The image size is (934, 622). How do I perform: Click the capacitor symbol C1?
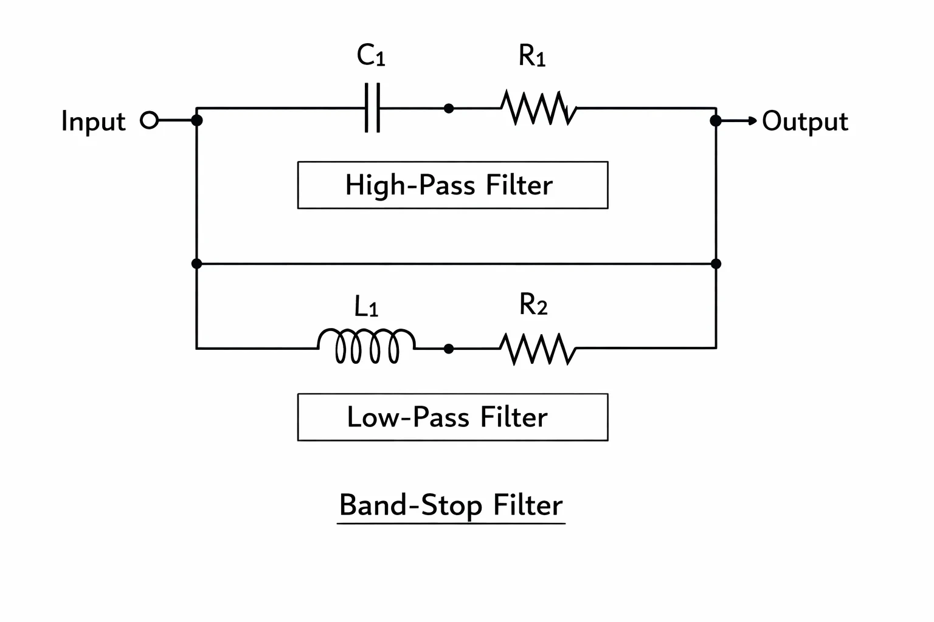(x=372, y=108)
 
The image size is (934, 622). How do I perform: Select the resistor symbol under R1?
(x=539, y=108)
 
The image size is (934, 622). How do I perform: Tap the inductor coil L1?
(x=367, y=346)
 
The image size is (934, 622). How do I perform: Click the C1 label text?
(x=371, y=55)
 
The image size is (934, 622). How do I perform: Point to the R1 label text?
(x=532, y=55)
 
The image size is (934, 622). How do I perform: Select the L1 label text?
(x=366, y=306)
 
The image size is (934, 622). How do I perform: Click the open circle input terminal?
(x=149, y=120)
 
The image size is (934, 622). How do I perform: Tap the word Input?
(x=94, y=121)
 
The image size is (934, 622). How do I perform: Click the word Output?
(x=805, y=121)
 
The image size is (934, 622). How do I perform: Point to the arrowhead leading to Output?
(x=753, y=121)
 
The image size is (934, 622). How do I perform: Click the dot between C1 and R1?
(x=449, y=108)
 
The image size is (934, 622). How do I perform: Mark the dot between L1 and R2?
(x=449, y=349)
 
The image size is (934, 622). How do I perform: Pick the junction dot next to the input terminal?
(x=197, y=120)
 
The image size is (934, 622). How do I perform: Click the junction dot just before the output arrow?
(x=716, y=121)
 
